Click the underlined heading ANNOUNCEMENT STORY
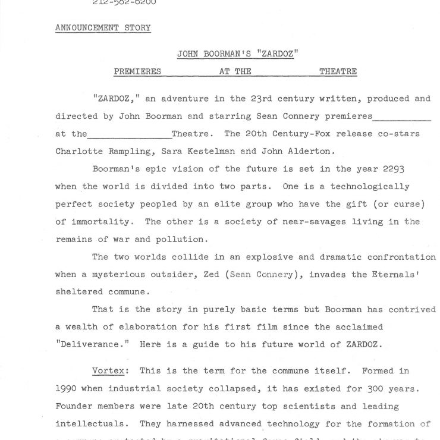coord(103,28)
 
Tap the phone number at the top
coord(124,3)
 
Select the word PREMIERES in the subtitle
coord(137,71)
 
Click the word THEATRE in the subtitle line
coord(338,71)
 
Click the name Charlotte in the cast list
coord(79,150)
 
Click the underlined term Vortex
coord(108,370)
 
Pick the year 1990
coord(68,389)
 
